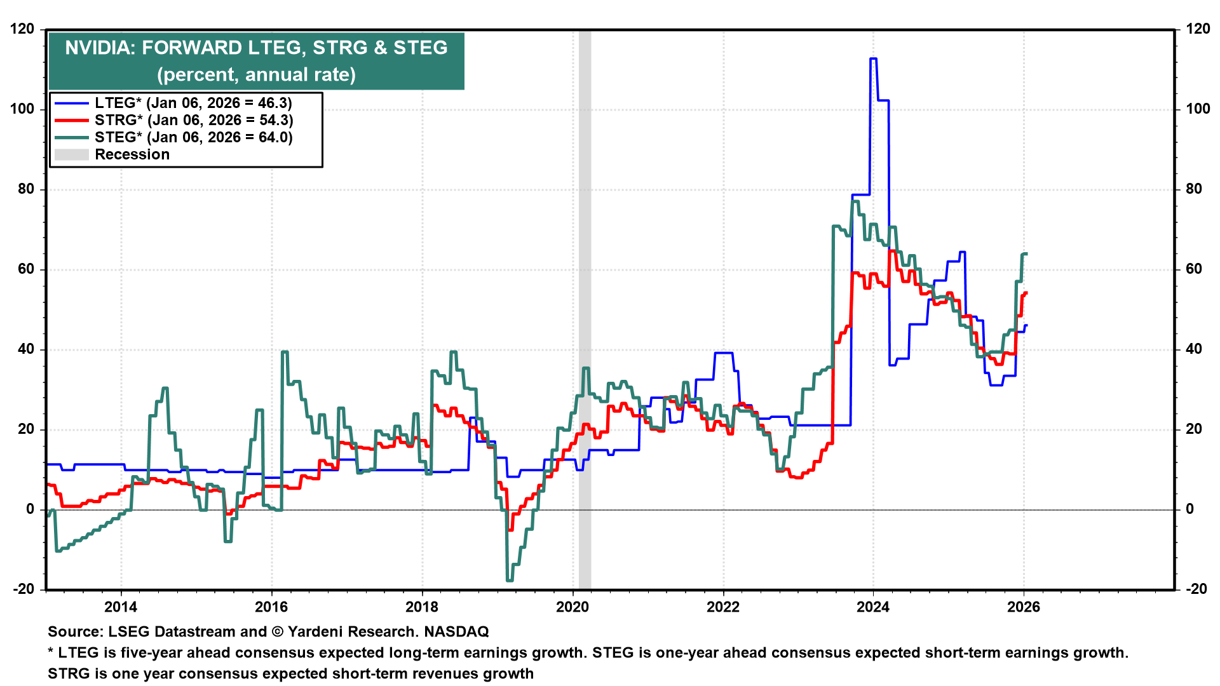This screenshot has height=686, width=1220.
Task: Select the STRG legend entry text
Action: tap(194, 120)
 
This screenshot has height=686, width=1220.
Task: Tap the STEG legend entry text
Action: tap(194, 137)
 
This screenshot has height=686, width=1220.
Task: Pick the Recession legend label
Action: tap(132, 154)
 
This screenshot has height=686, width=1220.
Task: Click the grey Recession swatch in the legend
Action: tap(71, 154)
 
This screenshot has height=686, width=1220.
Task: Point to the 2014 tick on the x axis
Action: tap(121, 607)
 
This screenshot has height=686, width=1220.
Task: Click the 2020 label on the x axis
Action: tap(573, 607)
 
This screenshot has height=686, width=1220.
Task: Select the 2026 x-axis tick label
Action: tap(1024, 607)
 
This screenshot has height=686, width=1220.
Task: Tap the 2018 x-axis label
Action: tap(422, 607)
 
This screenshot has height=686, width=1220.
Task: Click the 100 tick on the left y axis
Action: tap(22, 109)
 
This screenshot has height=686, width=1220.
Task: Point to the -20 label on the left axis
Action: tap(24, 589)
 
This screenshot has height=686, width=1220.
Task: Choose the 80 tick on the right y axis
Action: tap(1194, 189)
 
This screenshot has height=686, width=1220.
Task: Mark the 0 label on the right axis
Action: tap(1189, 509)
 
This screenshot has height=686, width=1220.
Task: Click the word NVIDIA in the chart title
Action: tap(99, 48)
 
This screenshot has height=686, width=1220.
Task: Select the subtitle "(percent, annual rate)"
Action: tap(257, 74)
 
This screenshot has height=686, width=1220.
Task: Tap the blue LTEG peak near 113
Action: tap(873, 59)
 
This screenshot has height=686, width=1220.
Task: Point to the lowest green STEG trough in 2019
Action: tap(510, 580)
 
